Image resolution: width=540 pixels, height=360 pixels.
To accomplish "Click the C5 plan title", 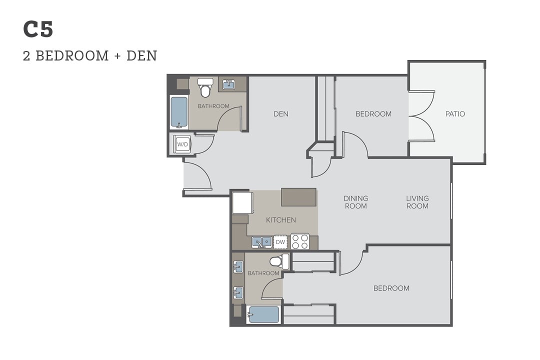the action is (x=38, y=29).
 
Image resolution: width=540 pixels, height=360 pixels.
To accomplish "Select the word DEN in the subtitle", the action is (x=142, y=56).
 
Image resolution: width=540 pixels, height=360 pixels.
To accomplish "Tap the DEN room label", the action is (x=281, y=114).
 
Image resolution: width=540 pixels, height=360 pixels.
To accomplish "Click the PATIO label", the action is (x=455, y=114).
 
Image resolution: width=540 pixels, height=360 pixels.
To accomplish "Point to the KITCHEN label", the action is (x=281, y=220).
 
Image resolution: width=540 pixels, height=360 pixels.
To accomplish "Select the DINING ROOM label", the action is (x=356, y=202).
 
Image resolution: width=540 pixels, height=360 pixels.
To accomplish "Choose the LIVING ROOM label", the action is (x=417, y=202).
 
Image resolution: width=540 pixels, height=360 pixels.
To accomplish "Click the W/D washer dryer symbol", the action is (x=182, y=144).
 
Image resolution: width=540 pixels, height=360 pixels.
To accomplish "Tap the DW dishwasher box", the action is (x=280, y=242).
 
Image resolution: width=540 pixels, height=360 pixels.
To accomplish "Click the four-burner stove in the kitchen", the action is (x=300, y=241).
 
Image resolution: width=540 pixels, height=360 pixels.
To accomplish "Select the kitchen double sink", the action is (x=261, y=242).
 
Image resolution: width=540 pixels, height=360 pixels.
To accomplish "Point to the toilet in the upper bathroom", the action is (x=205, y=87).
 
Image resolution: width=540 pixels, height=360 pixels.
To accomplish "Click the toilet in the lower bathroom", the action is (x=280, y=262).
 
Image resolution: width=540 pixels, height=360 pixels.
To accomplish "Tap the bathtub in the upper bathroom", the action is (x=179, y=112).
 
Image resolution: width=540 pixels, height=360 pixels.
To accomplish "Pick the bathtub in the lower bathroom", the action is (x=263, y=314).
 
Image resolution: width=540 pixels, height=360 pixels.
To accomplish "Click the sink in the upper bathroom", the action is (x=228, y=84).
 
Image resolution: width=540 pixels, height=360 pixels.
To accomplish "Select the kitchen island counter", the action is (x=299, y=197).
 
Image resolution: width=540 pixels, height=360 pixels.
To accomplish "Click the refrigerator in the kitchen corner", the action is (x=242, y=203).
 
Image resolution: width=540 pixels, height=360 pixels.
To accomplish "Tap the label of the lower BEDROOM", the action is (x=391, y=288).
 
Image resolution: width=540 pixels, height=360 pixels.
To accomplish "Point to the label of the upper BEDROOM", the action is (x=373, y=114).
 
